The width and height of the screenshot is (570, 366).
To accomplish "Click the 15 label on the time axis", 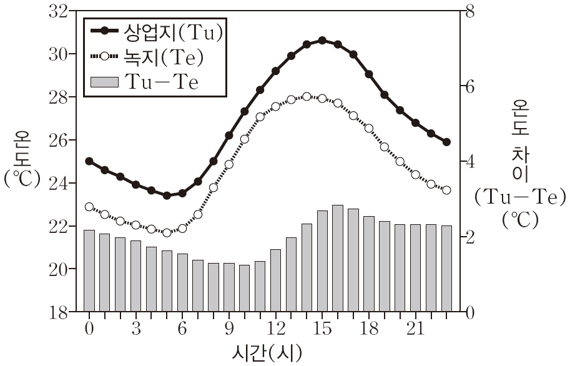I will point(322,329).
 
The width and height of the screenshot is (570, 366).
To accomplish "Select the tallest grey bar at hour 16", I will point(338,258).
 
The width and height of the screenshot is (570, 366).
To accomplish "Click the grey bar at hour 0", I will point(89,270).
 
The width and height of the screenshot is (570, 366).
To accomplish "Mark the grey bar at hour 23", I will point(446,269).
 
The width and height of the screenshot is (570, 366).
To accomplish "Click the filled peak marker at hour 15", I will point(322,40).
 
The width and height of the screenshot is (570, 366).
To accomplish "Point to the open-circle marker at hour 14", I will point(307,97).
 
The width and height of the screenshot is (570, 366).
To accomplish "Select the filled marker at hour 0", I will point(89,161).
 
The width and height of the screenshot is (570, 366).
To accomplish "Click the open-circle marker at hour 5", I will point(167,232).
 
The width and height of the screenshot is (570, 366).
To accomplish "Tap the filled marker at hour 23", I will point(446,142).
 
